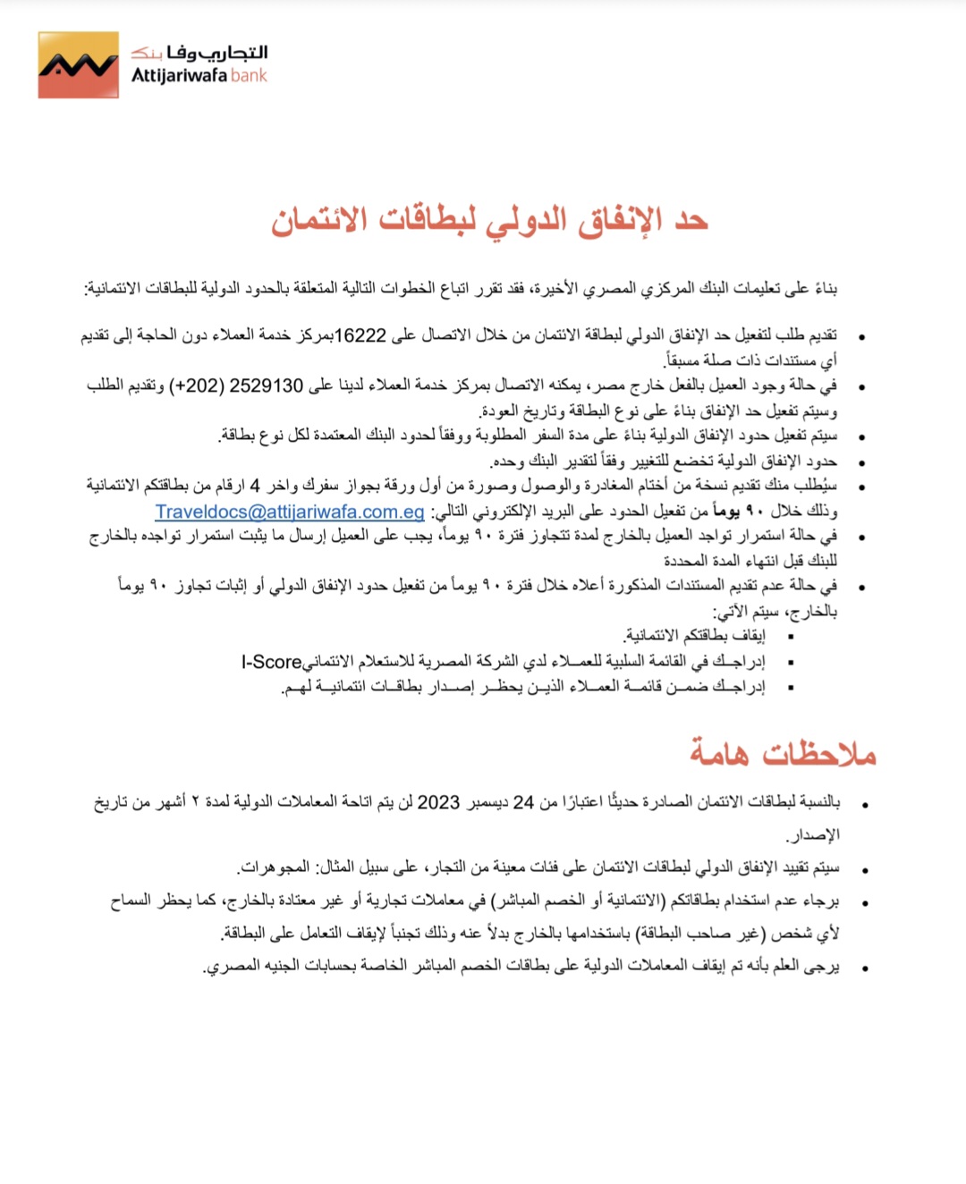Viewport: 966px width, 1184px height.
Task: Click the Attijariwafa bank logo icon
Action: coord(79,65)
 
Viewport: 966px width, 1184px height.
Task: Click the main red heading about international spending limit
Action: coord(489,220)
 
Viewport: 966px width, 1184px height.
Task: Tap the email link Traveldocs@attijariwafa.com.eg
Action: coord(290,512)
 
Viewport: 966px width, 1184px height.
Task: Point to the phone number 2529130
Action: coord(267,386)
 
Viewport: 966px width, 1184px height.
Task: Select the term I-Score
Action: coord(271,663)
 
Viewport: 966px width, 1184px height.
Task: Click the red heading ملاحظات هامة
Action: coord(783,754)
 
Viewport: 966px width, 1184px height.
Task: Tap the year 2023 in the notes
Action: coord(438,803)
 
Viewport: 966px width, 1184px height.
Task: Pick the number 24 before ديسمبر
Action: coord(523,803)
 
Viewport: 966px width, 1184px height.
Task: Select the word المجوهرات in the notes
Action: coord(275,867)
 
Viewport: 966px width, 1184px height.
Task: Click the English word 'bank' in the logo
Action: coord(249,76)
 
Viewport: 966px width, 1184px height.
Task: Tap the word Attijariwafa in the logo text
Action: coord(180,76)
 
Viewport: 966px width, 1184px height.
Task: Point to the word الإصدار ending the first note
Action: coord(813,835)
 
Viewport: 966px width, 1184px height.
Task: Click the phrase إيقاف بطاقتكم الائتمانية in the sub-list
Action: coord(695,636)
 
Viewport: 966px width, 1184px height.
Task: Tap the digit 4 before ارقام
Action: coord(255,486)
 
